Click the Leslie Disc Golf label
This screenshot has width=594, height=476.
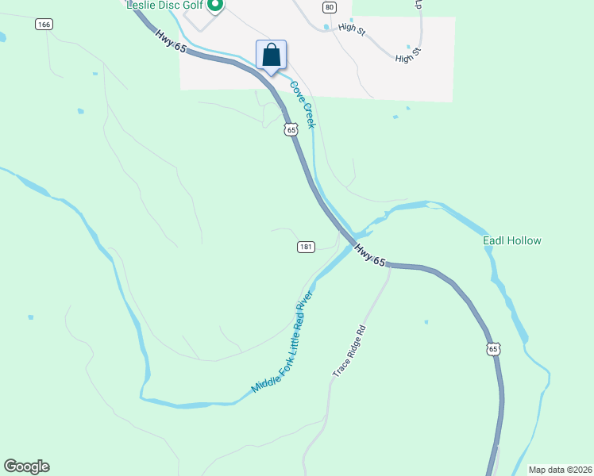coord(164,5)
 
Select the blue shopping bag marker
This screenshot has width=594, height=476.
coord(271,55)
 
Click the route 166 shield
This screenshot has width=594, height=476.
coord(44,25)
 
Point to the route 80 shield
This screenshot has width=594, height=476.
coord(330,7)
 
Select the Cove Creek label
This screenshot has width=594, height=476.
coord(303,105)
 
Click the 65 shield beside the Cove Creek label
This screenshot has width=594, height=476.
coord(291,129)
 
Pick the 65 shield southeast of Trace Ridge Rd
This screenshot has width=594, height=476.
coord(494,349)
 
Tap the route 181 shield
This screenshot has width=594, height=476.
coord(306,247)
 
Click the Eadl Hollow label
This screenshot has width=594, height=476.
coord(512,240)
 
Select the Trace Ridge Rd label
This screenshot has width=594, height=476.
coord(349,350)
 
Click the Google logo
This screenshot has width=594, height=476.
coord(26,466)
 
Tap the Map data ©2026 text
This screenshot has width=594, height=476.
coord(559,469)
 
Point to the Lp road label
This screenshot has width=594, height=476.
coord(418,3)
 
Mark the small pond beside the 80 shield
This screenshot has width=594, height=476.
coord(326,28)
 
